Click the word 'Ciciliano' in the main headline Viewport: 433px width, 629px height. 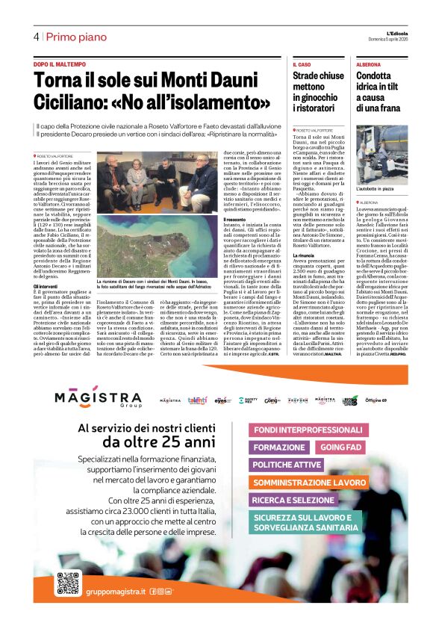click(x=75, y=100)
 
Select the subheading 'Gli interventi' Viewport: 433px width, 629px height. click(x=46, y=285)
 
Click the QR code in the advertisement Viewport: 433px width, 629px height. click(x=68, y=583)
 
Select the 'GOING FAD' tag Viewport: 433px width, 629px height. click(x=340, y=447)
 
